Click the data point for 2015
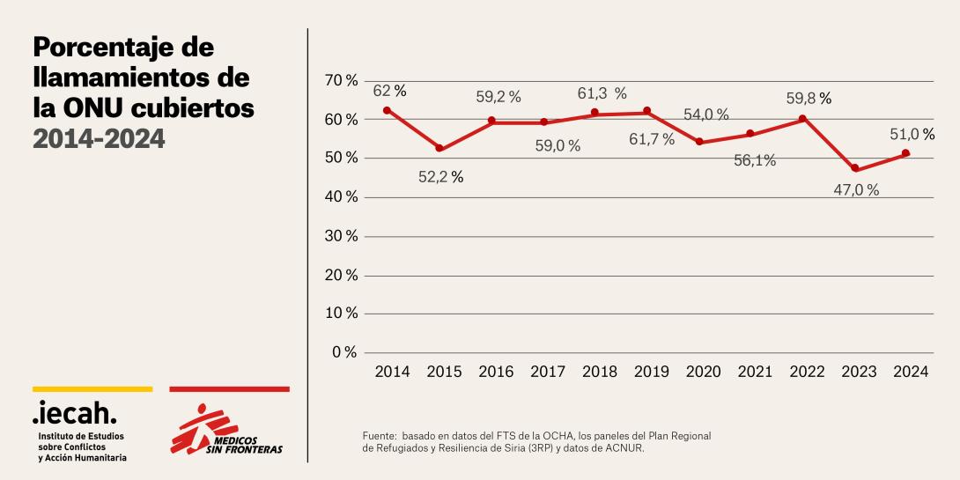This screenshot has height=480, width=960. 439,149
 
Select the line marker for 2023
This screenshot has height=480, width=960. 855,168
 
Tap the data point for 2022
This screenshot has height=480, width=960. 802,119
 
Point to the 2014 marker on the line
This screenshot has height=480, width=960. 388,110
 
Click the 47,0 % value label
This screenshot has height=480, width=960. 856,190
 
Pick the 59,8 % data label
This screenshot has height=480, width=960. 809,99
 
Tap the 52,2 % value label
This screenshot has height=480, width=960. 439,177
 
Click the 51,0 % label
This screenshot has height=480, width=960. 910,134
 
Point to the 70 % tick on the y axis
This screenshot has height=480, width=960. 341,80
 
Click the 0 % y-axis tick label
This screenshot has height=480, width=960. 344,352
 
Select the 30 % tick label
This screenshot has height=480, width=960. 341,236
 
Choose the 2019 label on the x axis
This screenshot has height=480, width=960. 652,372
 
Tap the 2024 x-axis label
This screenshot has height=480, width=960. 911,372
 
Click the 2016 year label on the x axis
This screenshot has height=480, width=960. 496,372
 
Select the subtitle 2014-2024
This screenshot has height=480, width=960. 99,138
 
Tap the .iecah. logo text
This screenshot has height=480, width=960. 74,411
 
